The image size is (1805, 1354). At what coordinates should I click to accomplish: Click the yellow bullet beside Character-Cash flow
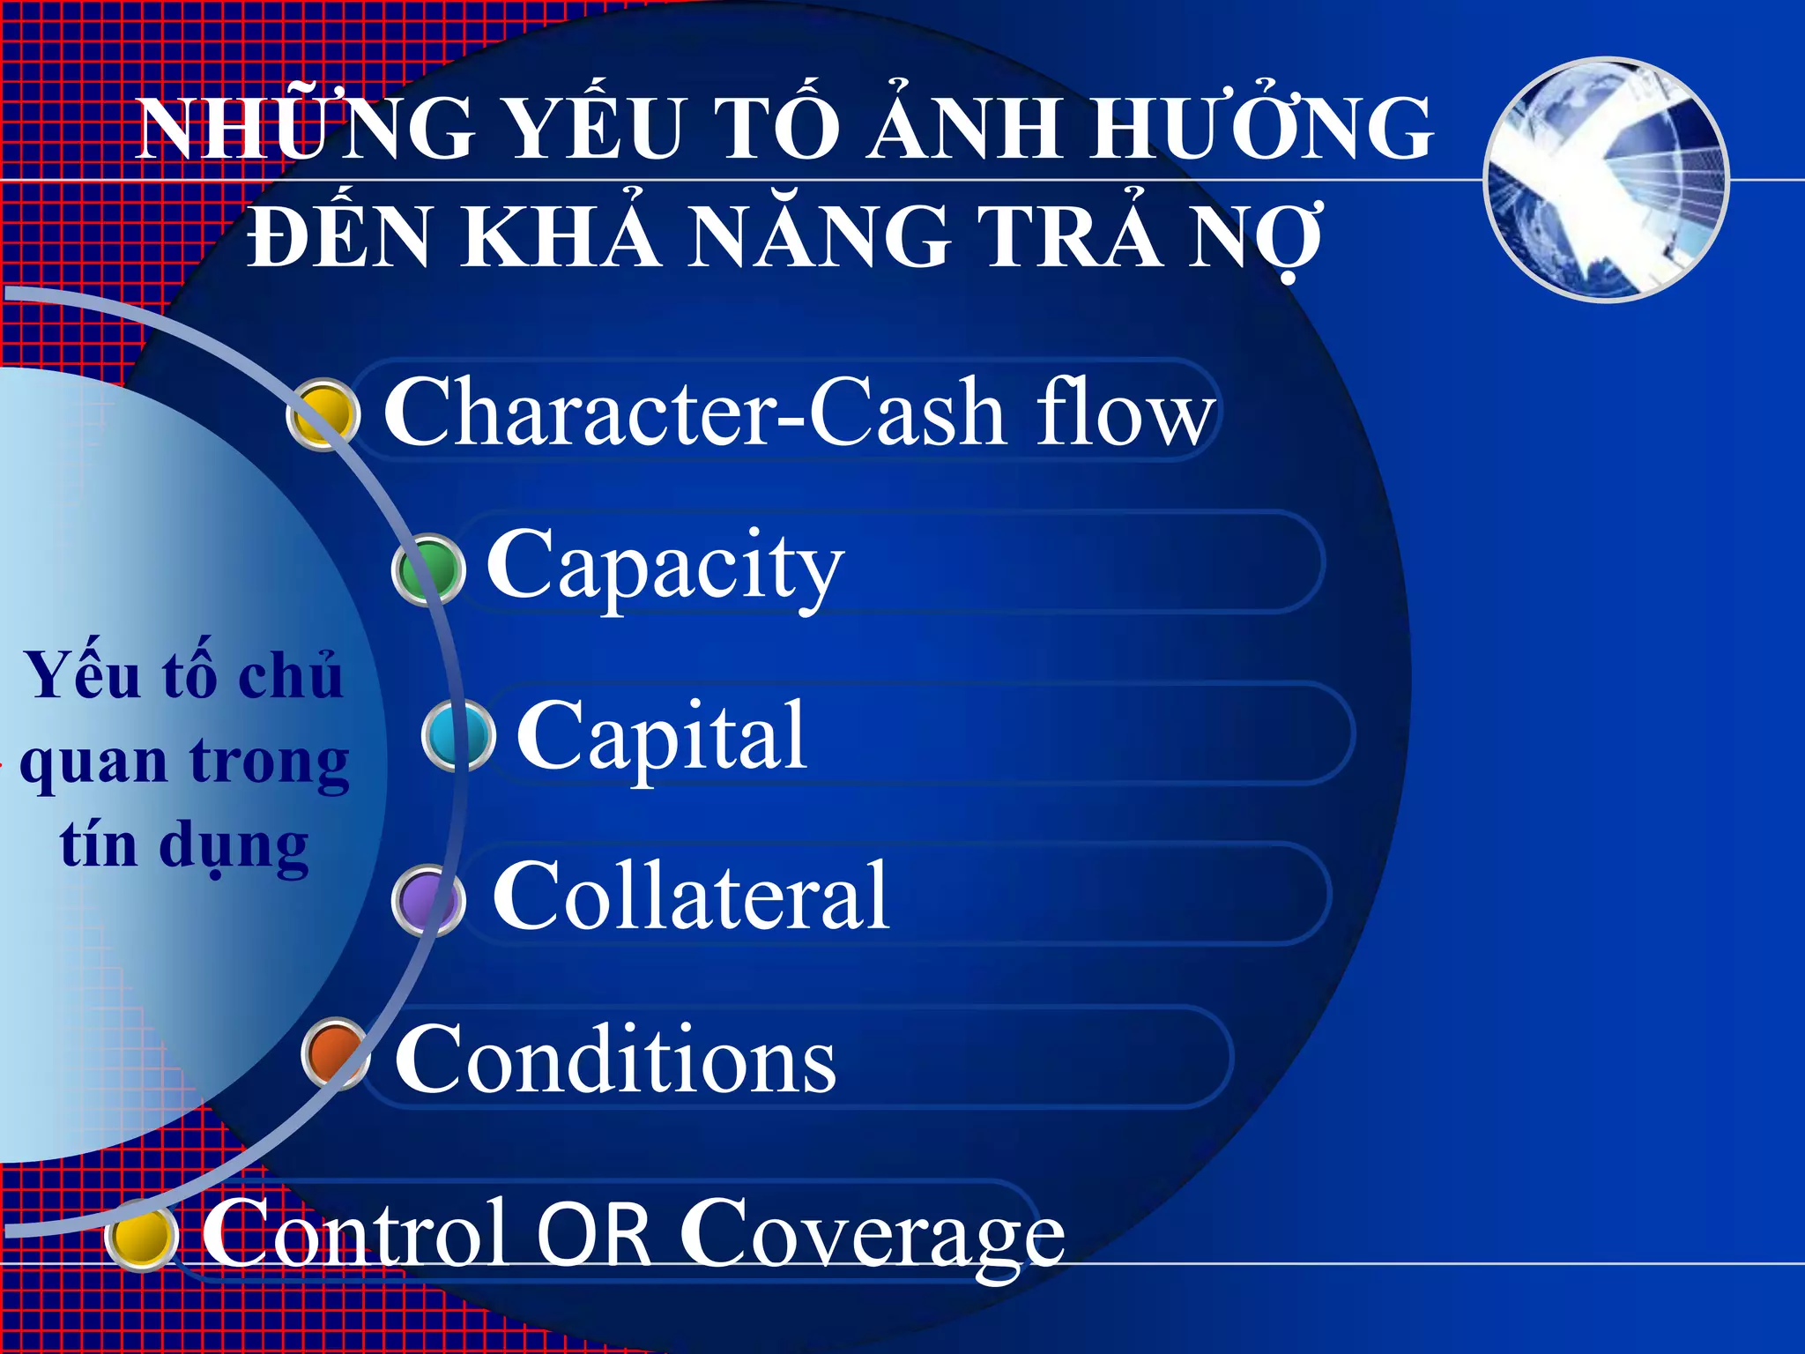click(323, 413)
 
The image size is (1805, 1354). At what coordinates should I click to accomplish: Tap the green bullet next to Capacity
click(428, 569)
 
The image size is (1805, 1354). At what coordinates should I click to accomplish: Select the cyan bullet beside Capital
click(458, 735)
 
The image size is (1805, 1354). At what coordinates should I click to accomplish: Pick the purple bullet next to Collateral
click(428, 900)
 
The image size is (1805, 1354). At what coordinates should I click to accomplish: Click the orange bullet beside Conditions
click(335, 1053)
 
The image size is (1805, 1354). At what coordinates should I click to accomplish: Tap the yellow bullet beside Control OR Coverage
click(141, 1235)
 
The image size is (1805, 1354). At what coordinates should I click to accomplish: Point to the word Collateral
click(690, 896)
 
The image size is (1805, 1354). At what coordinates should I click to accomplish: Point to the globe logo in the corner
click(1607, 179)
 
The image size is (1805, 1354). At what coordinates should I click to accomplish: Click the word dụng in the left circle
click(234, 846)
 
